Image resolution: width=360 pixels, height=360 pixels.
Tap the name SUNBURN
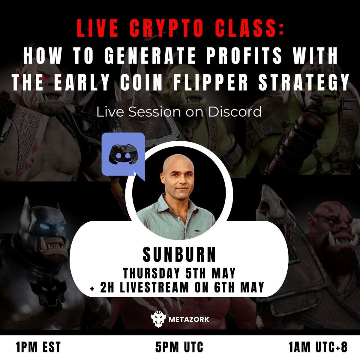(179, 254)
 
